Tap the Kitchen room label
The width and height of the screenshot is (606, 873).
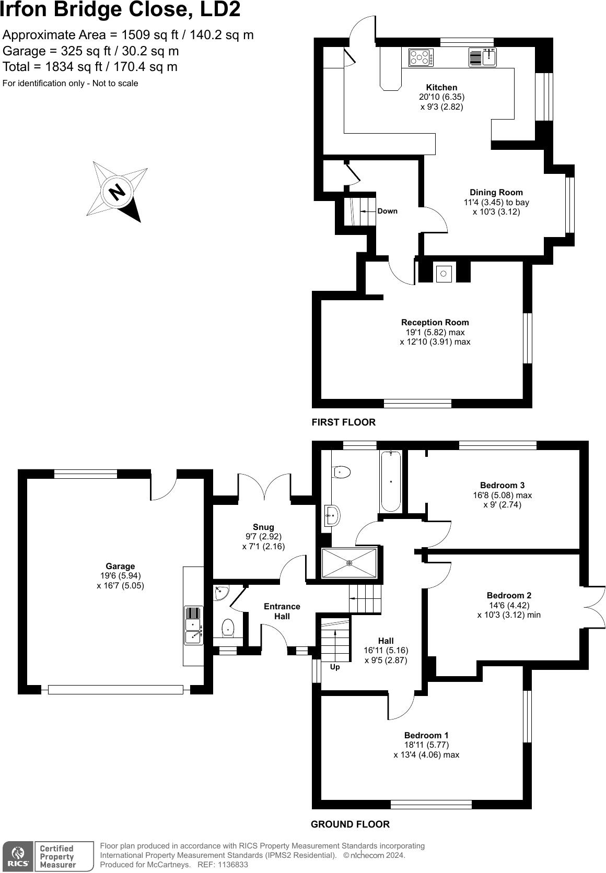pos(441,88)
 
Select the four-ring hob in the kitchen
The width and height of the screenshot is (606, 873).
pos(421,57)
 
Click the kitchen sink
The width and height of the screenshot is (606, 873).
pos(482,57)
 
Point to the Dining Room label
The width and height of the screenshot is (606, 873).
pos(496,193)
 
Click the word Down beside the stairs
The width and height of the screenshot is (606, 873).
pos(387,211)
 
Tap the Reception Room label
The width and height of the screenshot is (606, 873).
pos(435,323)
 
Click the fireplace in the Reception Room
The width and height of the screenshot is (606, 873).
pos(444,273)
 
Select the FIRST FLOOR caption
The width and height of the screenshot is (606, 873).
pos(343,422)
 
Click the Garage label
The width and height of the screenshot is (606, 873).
pos(120,566)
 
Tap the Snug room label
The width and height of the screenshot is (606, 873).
pos(263,527)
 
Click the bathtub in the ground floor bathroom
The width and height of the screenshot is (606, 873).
pos(391,481)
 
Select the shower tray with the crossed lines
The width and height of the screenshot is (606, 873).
pos(349,563)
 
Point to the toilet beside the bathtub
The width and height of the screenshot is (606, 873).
pos(341,471)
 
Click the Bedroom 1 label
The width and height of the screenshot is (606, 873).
pos(426,735)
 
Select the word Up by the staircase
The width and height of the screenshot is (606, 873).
pos(335,667)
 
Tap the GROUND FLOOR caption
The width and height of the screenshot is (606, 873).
pos(350,824)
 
